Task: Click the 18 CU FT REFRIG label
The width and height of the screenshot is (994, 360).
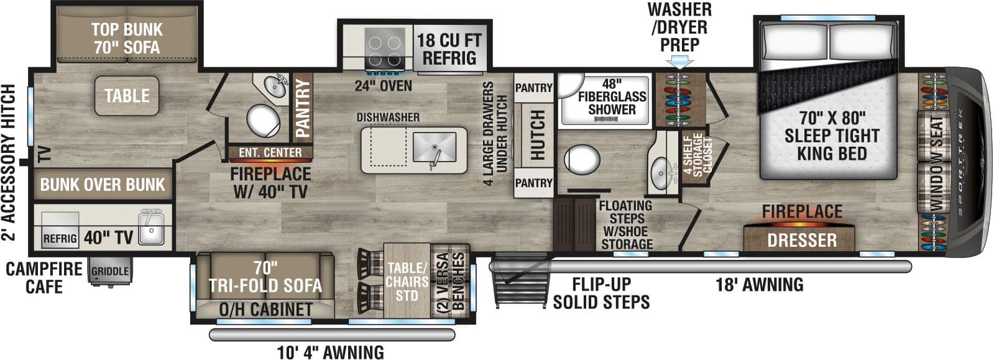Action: point(449,49)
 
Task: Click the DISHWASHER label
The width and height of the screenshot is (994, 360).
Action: point(388,118)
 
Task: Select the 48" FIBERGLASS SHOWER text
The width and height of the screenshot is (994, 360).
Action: point(612,97)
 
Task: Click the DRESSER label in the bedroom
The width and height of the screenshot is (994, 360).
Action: point(801,240)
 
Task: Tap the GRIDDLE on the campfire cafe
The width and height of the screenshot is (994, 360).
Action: point(109,272)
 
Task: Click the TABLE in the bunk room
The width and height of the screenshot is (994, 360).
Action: point(127,96)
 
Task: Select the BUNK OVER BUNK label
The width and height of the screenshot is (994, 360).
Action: point(103,185)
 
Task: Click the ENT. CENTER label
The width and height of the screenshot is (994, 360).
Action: point(270,152)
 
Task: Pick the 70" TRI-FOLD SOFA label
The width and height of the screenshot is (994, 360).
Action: point(265,277)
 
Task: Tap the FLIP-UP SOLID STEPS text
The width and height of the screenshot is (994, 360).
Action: point(601,293)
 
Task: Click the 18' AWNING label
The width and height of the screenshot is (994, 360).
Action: point(759,285)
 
